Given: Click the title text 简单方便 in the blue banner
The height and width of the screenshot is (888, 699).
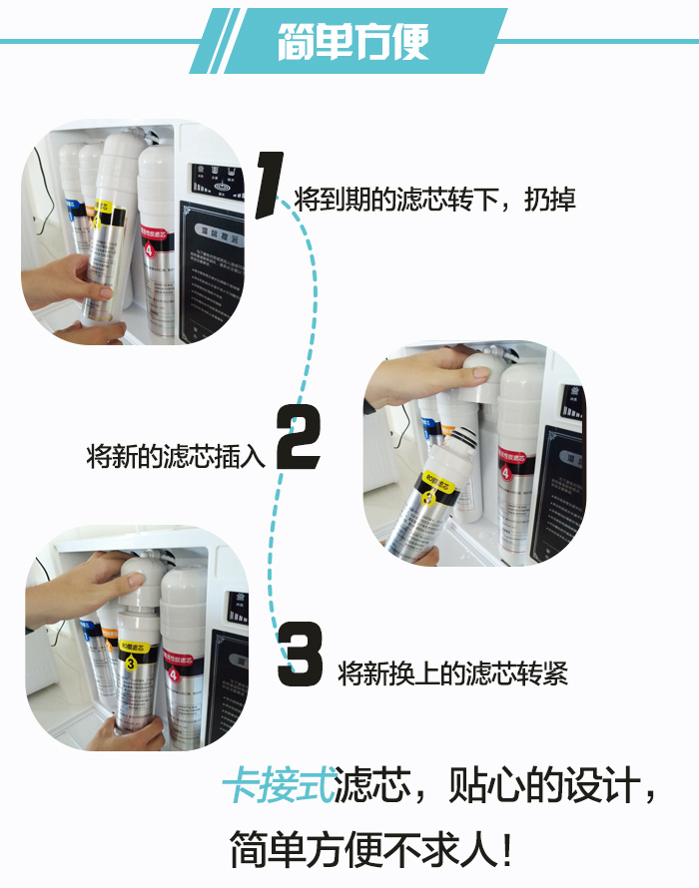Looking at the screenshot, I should pos(353,41).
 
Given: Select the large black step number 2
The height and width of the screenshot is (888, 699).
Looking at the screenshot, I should pos(298,440).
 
